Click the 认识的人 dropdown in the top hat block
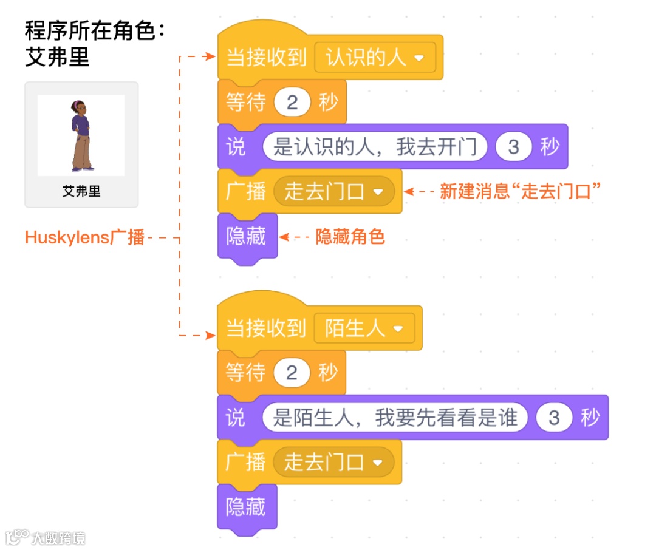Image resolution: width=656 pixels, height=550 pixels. pos(374,58)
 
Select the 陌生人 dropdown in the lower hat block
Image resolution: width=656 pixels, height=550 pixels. pos(364,329)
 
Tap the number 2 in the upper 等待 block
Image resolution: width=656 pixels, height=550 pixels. pos(292,103)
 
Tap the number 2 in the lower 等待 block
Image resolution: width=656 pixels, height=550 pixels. pos(292,373)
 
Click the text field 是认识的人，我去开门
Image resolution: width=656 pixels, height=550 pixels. pos(374,148)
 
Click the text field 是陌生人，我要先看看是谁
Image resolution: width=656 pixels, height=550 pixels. pos(394,418)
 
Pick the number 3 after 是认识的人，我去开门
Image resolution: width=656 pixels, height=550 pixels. pos(513,148)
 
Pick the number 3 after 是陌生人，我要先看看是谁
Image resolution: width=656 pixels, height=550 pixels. pos(553,418)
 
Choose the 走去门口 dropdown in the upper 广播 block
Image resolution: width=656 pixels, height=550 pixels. pos(333,192)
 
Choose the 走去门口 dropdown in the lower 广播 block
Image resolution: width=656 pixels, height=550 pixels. pos(333,463)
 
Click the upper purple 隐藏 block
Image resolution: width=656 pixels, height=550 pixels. pos(247,237)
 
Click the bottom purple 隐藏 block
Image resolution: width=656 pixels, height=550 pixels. pos(246,507)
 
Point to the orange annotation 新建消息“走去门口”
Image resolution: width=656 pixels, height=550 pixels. pos(520,192)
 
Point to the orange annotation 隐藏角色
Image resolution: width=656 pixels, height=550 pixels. pos(350,237)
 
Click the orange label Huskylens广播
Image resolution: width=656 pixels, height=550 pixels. pos(84,237)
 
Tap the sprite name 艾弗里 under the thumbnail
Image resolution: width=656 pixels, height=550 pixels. pos(81,192)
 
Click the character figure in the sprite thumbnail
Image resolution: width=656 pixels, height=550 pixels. pos(81,135)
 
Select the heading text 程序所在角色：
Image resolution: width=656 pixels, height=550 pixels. pos(95,30)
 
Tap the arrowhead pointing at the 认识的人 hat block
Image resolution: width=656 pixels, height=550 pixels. pos(211,57)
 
